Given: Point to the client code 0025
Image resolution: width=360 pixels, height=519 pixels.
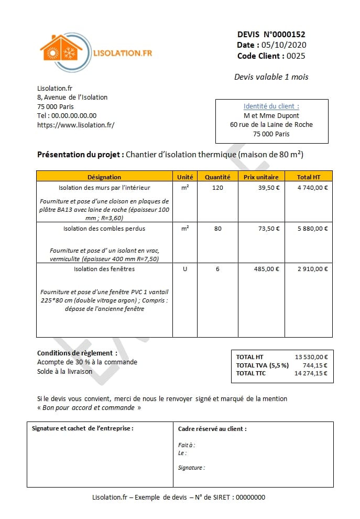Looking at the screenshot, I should tap(296, 56).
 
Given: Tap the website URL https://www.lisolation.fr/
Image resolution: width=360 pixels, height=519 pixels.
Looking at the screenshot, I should tap(75, 125).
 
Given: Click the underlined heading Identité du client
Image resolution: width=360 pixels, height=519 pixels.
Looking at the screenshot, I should tap(271, 106).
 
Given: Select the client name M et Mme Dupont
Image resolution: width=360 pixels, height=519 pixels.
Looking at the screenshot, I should tap(271, 115).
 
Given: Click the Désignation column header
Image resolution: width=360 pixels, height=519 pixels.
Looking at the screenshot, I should tap(104, 177).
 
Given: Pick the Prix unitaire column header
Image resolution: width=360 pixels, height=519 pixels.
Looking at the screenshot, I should tap(261, 177).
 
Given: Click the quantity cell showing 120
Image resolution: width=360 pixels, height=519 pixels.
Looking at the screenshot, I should tap(217, 187).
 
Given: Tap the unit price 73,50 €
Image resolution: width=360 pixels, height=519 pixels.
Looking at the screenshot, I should tap(269, 229).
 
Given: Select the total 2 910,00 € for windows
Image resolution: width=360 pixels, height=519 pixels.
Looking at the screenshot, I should tap(312, 269).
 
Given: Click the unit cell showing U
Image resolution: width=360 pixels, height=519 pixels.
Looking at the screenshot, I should tap(184, 269).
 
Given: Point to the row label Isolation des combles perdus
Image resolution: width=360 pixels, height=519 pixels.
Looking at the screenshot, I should tap(104, 229).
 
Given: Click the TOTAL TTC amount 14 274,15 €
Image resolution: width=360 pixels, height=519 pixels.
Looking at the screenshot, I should tap(311, 373).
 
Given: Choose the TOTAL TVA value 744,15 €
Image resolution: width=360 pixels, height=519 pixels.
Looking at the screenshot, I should tap(315, 365).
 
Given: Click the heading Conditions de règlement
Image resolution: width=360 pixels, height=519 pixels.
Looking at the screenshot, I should tap(77, 353).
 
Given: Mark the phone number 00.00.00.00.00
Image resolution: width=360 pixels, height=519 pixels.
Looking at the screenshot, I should tap(74, 115).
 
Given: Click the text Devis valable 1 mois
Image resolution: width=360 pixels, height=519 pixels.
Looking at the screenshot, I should tap(271, 77).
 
